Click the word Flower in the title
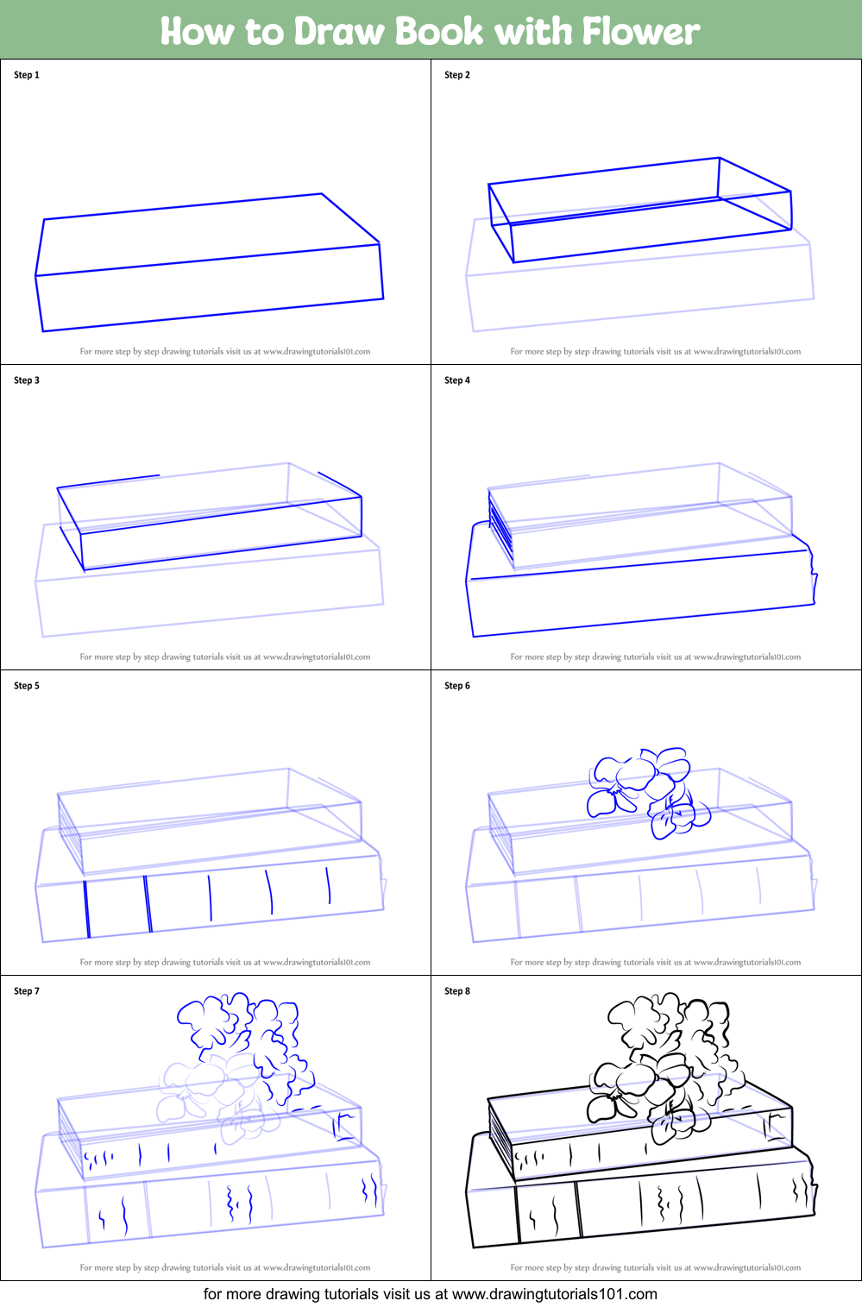640,31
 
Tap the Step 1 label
27,75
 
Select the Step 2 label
457,75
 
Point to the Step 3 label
27,380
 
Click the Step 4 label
457,380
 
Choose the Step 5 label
27,686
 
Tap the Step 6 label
457,686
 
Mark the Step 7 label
27,991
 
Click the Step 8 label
457,991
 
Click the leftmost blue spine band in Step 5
87,908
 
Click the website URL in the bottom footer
554,1294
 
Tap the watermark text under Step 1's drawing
225,351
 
